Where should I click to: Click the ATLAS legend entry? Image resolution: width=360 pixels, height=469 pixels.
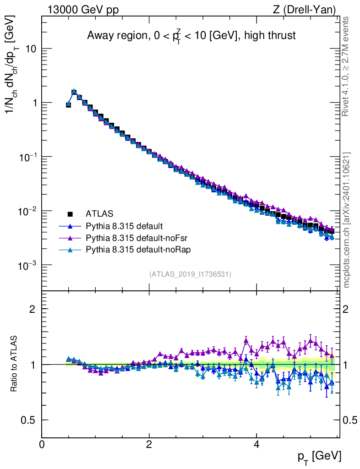[99, 213]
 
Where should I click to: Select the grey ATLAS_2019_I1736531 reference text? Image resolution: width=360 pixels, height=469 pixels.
[190, 274]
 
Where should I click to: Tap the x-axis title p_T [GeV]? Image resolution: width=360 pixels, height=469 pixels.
[319, 456]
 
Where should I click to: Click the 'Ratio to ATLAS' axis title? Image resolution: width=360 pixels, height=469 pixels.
[14, 364]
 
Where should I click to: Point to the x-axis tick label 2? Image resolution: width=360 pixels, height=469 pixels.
[149, 444]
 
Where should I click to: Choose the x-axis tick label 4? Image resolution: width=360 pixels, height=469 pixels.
[256, 444]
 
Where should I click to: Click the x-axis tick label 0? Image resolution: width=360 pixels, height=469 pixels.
[42, 444]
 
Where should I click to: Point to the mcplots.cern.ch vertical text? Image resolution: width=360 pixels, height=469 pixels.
[346, 220]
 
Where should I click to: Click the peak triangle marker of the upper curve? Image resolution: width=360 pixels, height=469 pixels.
[74, 92]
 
